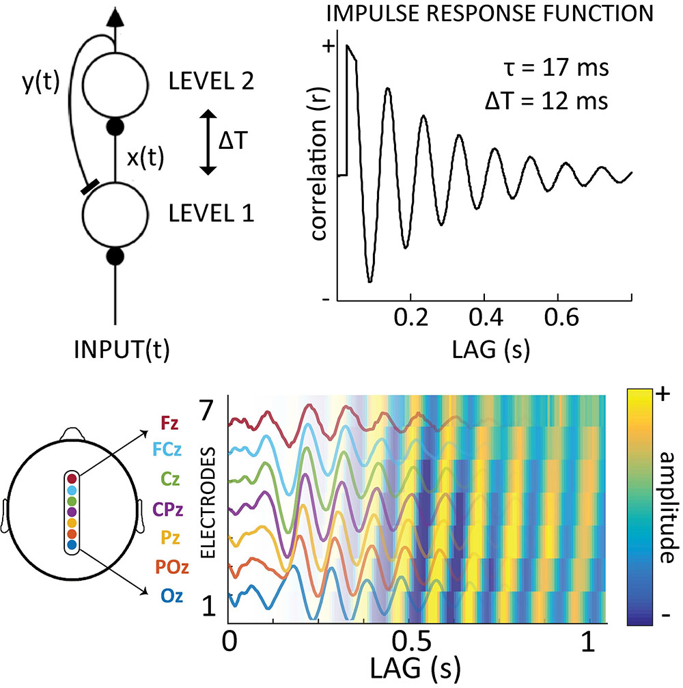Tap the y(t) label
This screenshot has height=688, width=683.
click(41, 83)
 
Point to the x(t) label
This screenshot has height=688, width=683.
click(145, 158)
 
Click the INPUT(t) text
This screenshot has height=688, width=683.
click(122, 350)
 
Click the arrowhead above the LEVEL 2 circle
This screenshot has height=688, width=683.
click(115, 16)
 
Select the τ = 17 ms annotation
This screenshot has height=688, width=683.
click(557, 68)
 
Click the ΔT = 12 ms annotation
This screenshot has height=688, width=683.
click(546, 102)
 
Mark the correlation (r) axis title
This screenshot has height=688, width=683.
click(320, 180)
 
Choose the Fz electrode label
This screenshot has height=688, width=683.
click(169, 423)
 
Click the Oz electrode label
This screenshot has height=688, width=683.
click(171, 596)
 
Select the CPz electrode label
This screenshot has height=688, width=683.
click(167, 510)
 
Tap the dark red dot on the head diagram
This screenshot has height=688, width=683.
click(72, 478)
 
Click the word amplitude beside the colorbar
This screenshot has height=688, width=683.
click(667, 507)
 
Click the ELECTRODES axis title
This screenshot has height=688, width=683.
click(209, 503)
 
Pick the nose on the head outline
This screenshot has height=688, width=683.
click(72, 434)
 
